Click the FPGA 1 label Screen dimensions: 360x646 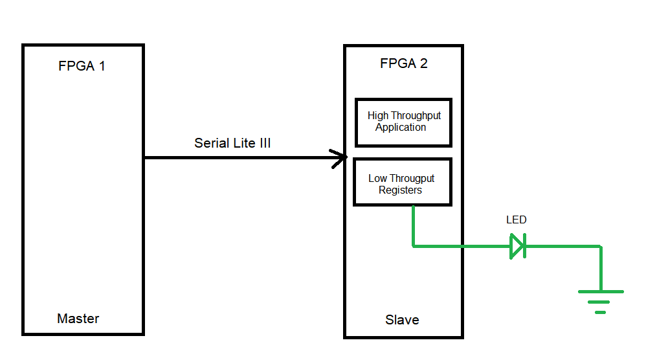(82, 66)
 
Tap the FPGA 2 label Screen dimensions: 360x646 (403, 63)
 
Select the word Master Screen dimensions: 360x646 (78, 319)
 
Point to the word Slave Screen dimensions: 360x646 (402, 320)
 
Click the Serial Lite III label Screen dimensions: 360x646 (232, 143)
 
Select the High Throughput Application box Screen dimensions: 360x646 (403, 122)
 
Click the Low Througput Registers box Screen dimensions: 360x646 (402, 183)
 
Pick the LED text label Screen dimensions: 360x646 (516, 220)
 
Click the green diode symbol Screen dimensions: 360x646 (517, 246)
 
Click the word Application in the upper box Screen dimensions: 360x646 (401, 128)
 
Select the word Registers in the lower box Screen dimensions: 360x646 (400, 190)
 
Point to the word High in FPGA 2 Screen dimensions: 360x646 (378, 115)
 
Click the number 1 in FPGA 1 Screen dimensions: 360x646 (101, 66)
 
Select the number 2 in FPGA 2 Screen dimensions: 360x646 (423, 63)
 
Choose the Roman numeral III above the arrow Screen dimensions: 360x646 (265, 143)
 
